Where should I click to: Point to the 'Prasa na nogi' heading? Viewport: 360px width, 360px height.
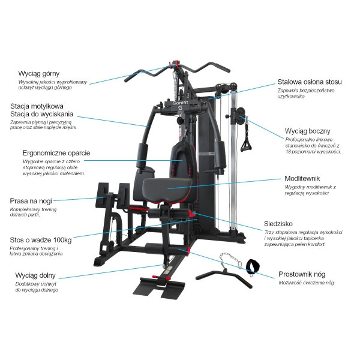tap(34, 201)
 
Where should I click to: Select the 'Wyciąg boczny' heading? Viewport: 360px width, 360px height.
tap(307, 131)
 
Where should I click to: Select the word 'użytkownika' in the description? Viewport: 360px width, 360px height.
tap(290, 97)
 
